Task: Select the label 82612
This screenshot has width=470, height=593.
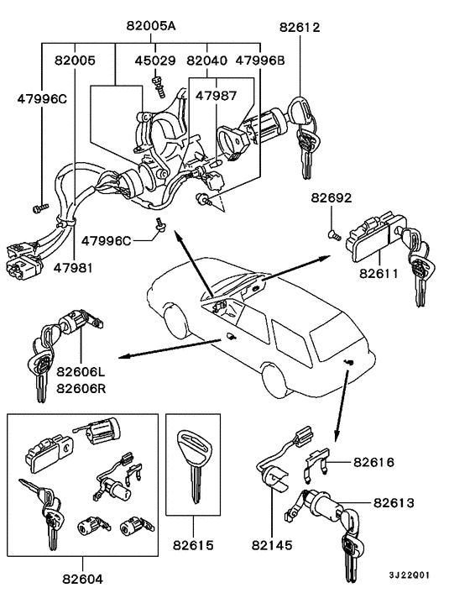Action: click(x=300, y=26)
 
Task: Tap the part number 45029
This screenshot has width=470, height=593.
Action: click(x=155, y=60)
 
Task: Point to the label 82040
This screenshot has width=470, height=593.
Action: click(x=206, y=60)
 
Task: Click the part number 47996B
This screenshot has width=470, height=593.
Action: click(x=260, y=60)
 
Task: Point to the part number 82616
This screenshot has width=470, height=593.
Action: click(x=373, y=461)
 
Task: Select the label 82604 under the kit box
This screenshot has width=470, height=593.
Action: click(x=82, y=579)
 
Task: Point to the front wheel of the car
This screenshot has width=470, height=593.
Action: click(x=175, y=324)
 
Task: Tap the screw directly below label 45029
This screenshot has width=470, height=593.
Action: click(x=155, y=80)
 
